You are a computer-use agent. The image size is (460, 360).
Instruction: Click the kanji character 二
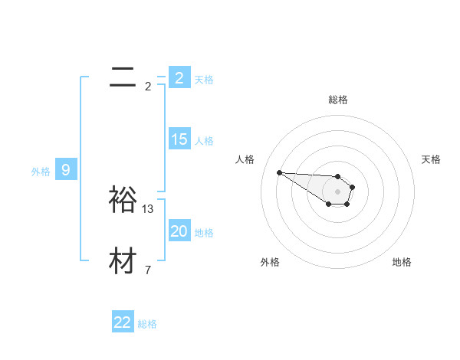pos(123,77)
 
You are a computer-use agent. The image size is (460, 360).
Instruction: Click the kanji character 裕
pos(123,199)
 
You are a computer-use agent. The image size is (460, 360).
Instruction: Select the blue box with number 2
pos(179,77)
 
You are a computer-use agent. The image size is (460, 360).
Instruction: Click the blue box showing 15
pos(179,139)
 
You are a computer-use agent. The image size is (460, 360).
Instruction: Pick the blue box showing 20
pos(179,231)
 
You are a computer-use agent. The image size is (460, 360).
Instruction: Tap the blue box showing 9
pos(66,170)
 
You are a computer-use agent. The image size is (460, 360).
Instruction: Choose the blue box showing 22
pos(123,322)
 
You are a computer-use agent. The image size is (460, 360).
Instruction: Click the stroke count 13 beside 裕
pos(148,208)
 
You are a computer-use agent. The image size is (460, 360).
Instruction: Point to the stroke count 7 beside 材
pos(148,270)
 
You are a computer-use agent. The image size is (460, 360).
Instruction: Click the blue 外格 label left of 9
pos(41,172)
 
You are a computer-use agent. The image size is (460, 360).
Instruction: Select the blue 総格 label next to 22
pos(147,324)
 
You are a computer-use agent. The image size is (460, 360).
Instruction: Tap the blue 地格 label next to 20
pos(204,233)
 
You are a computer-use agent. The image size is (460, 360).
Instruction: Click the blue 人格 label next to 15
pos(204,141)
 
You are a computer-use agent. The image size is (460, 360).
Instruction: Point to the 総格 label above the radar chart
pos(338,100)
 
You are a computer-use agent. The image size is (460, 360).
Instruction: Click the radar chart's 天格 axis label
pos(431,159)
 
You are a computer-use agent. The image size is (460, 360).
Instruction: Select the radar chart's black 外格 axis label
pos(270,262)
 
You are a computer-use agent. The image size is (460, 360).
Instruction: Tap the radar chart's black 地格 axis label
pos(402,262)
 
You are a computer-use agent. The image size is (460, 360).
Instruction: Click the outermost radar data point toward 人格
pos(279,172)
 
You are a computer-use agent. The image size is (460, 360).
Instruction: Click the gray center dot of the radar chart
pos(338,191)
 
